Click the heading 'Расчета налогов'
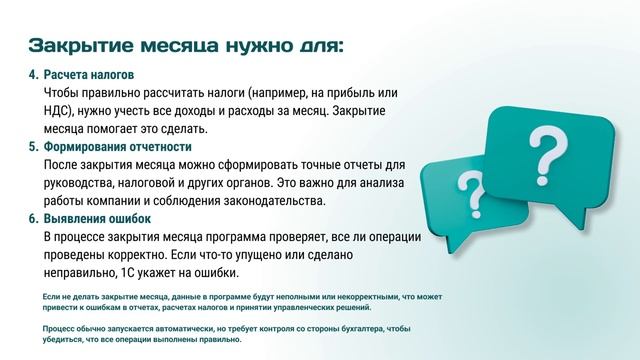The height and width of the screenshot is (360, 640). (x=88, y=75)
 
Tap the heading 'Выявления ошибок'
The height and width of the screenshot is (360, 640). (x=97, y=219)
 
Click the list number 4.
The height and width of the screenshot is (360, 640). (x=32, y=75)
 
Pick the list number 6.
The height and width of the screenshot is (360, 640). (x=32, y=219)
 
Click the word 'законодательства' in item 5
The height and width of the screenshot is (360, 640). (x=275, y=201)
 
